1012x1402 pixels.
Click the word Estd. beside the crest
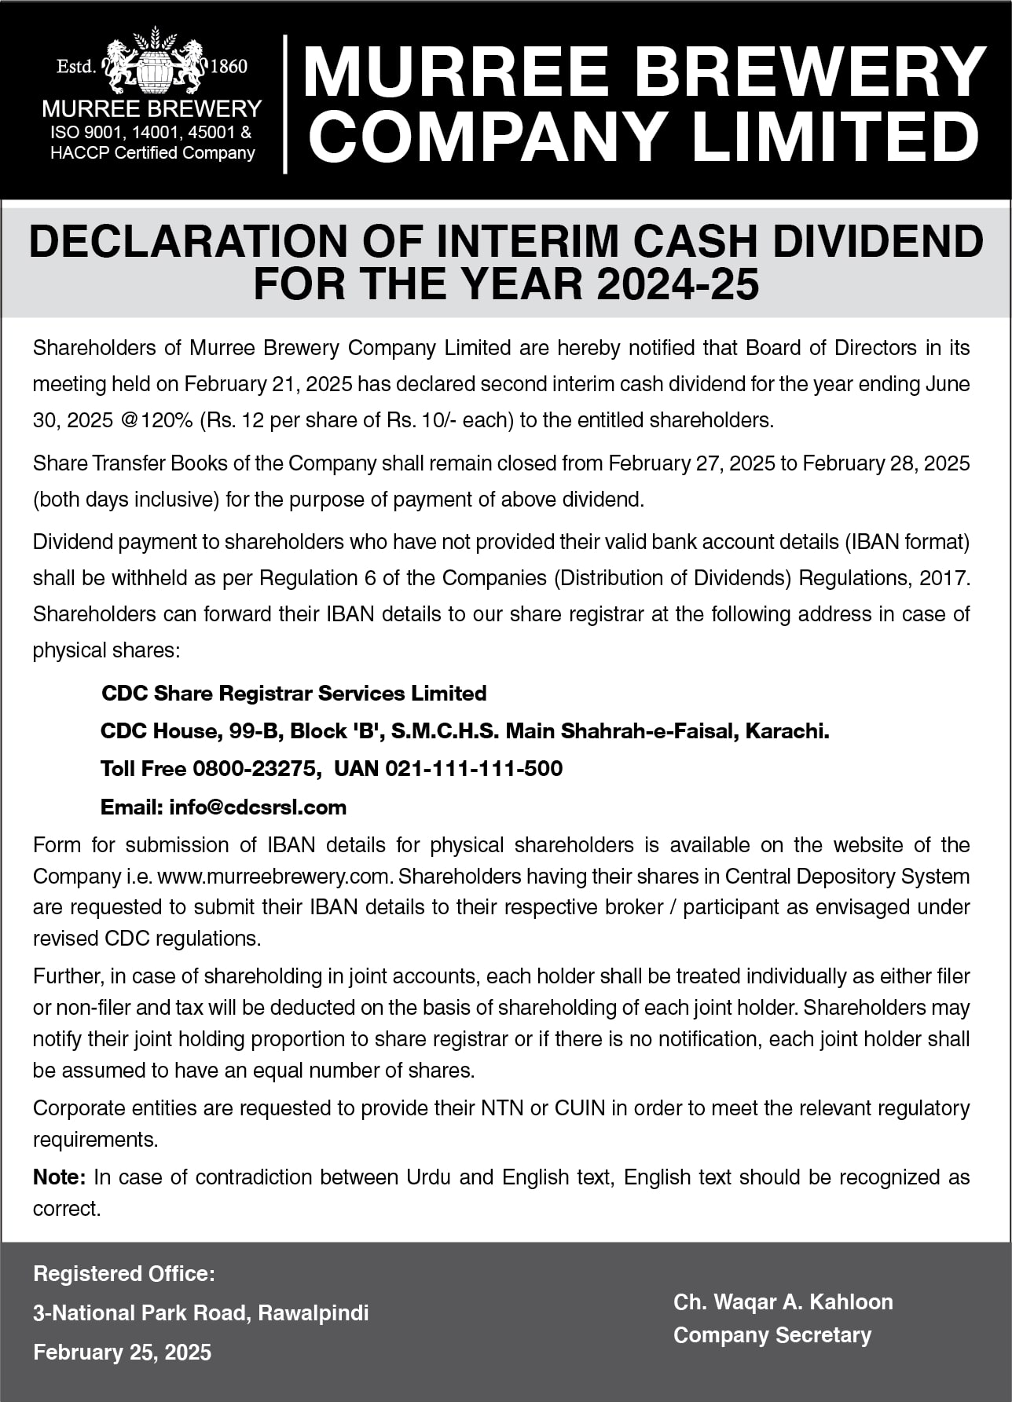click(75, 66)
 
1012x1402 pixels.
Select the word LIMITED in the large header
click(834, 137)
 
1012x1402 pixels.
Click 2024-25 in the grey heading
click(678, 284)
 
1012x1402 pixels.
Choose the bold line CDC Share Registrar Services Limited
click(294, 694)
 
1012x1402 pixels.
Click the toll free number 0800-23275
click(254, 768)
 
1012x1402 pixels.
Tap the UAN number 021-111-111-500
click(473, 768)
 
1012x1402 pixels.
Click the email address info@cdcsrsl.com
click(258, 807)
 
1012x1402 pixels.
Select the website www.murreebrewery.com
click(274, 876)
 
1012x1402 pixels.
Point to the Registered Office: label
click(123, 1273)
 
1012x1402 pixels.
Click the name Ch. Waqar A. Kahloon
click(783, 1301)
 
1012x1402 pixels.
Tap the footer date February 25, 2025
click(122, 1352)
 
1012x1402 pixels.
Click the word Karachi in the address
click(785, 731)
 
